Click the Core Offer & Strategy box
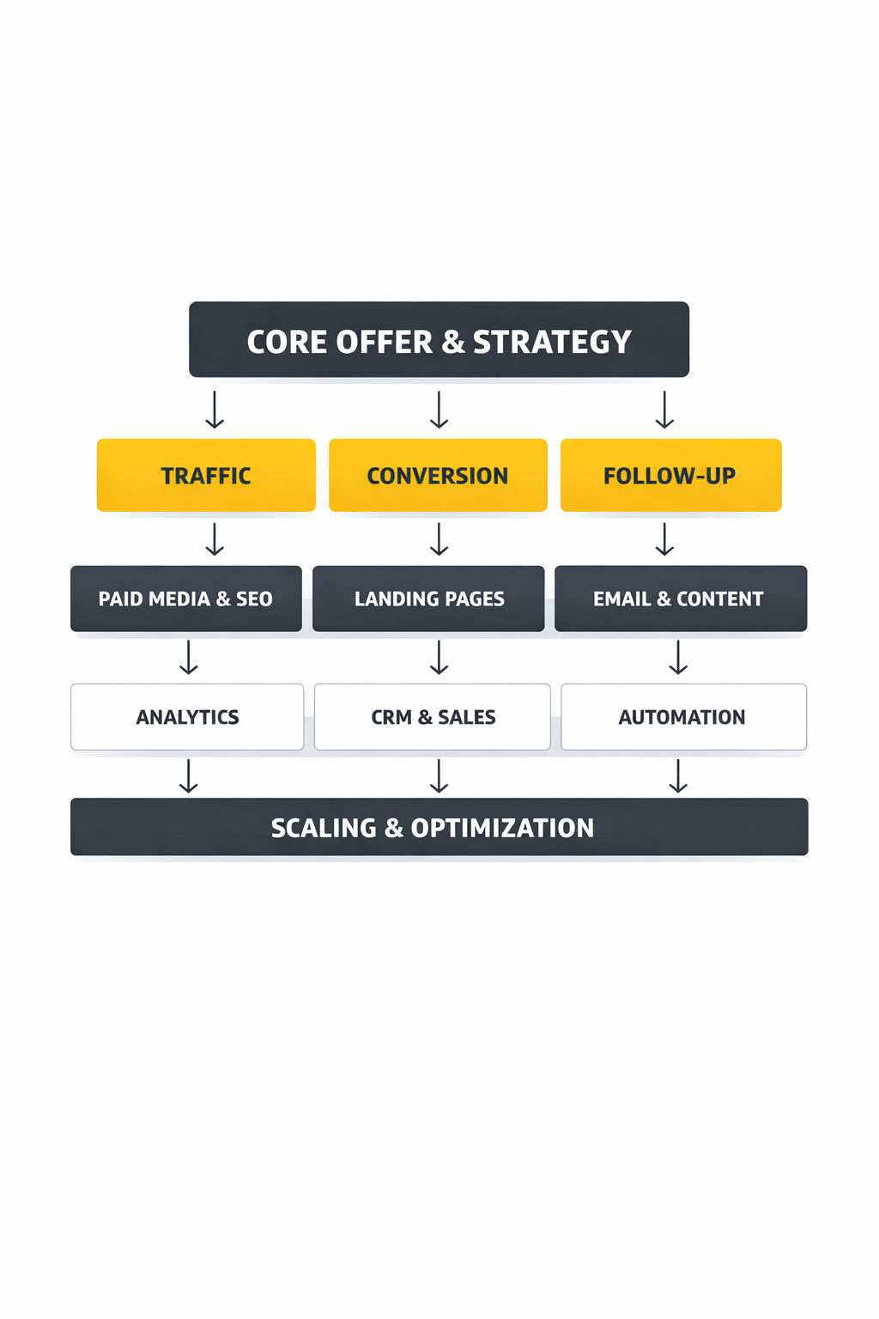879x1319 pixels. pyautogui.click(x=439, y=339)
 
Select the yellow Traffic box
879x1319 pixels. pyautogui.click(x=206, y=475)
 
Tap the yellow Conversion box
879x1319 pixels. pyautogui.click(x=438, y=475)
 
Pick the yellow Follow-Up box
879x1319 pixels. pyautogui.click(x=670, y=475)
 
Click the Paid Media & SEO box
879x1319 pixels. pyautogui.click(x=185, y=599)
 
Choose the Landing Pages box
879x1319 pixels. pyautogui.click(x=428, y=599)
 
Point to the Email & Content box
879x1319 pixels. pyautogui.click(x=680, y=599)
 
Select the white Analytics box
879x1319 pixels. pyautogui.click(x=187, y=717)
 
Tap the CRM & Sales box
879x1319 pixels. pyautogui.click(x=432, y=717)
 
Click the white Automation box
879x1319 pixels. pyautogui.click(x=683, y=717)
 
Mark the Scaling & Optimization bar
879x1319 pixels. pyautogui.click(x=439, y=827)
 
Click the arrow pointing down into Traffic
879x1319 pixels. pyautogui.click(x=215, y=410)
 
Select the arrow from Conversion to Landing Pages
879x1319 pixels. pyautogui.click(x=439, y=539)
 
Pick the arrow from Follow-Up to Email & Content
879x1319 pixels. pyautogui.click(x=664, y=539)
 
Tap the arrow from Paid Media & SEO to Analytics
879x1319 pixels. pyautogui.click(x=189, y=657)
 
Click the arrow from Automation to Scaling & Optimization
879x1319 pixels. pyautogui.click(x=678, y=775)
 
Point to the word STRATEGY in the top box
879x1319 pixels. pyautogui.click(x=552, y=342)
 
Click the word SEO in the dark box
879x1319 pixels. pyautogui.click(x=254, y=599)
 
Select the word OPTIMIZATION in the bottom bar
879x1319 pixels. pyautogui.click(x=502, y=828)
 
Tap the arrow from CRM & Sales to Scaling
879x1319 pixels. pyautogui.click(x=439, y=775)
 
